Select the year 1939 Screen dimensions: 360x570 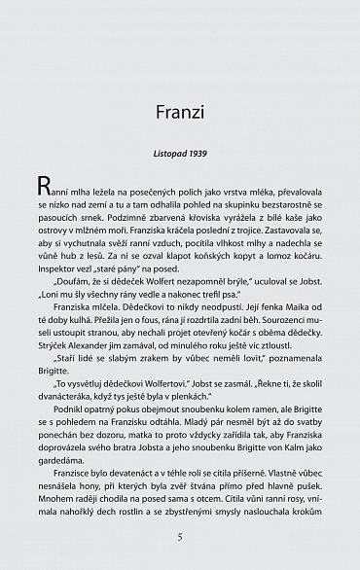pyautogui.click(x=202, y=154)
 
